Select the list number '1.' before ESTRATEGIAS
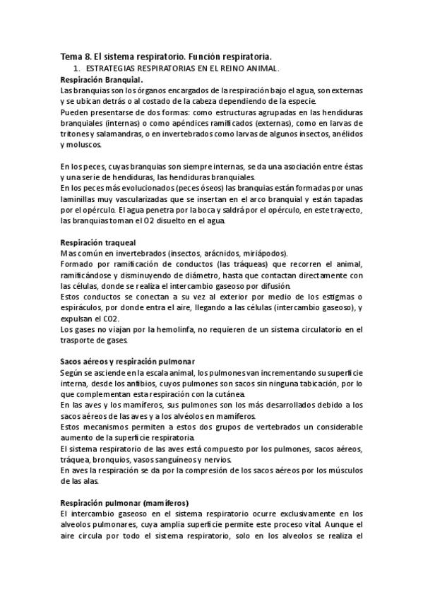(x=76, y=69)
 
